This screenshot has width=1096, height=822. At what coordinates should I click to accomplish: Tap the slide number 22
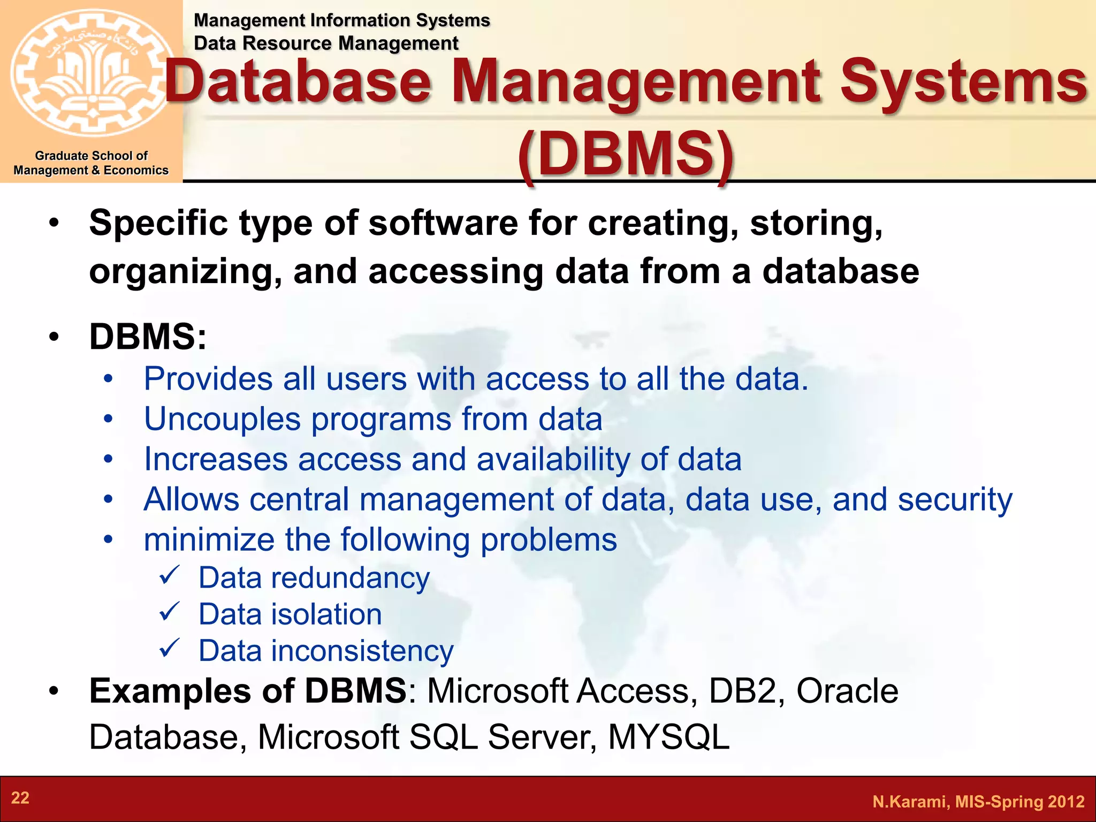tap(20, 798)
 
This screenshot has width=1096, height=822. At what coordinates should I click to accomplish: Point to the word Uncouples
tap(222, 419)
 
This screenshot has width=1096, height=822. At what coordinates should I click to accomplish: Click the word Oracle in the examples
tap(847, 691)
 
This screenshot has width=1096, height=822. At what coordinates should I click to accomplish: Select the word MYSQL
tap(668, 737)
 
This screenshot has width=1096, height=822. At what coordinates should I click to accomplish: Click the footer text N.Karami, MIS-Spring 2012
tap(978, 802)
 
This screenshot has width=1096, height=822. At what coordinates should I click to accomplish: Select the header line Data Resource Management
tap(326, 43)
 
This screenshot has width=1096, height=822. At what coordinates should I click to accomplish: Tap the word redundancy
tap(350, 579)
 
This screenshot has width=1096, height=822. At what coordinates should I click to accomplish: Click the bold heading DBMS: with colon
tap(148, 337)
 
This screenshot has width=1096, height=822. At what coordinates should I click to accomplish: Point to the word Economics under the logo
tap(136, 170)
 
